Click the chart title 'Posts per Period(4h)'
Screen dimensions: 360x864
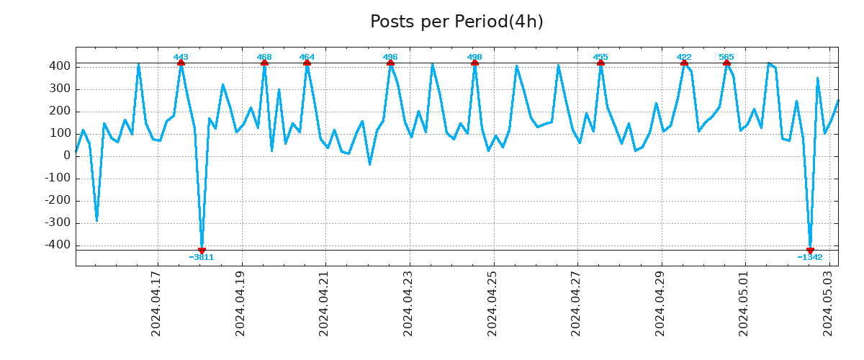(456, 22)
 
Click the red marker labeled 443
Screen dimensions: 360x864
(181, 63)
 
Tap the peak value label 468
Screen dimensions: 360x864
(264, 57)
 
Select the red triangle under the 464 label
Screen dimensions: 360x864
(307, 63)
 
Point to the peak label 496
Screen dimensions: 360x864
(390, 57)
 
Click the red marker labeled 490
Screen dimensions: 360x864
(474, 63)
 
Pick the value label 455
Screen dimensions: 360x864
(600, 57)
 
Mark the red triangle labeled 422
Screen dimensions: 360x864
(684, 63)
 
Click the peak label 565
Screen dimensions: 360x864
(726, 57)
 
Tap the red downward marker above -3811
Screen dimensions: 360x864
(202, 251)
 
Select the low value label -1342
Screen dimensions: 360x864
(810, 257)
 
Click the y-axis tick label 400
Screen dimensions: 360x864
(60, 66)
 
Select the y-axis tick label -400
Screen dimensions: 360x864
(58, 245)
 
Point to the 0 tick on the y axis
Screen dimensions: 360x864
(67, 156)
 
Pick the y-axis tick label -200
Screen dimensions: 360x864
(58, 200)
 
